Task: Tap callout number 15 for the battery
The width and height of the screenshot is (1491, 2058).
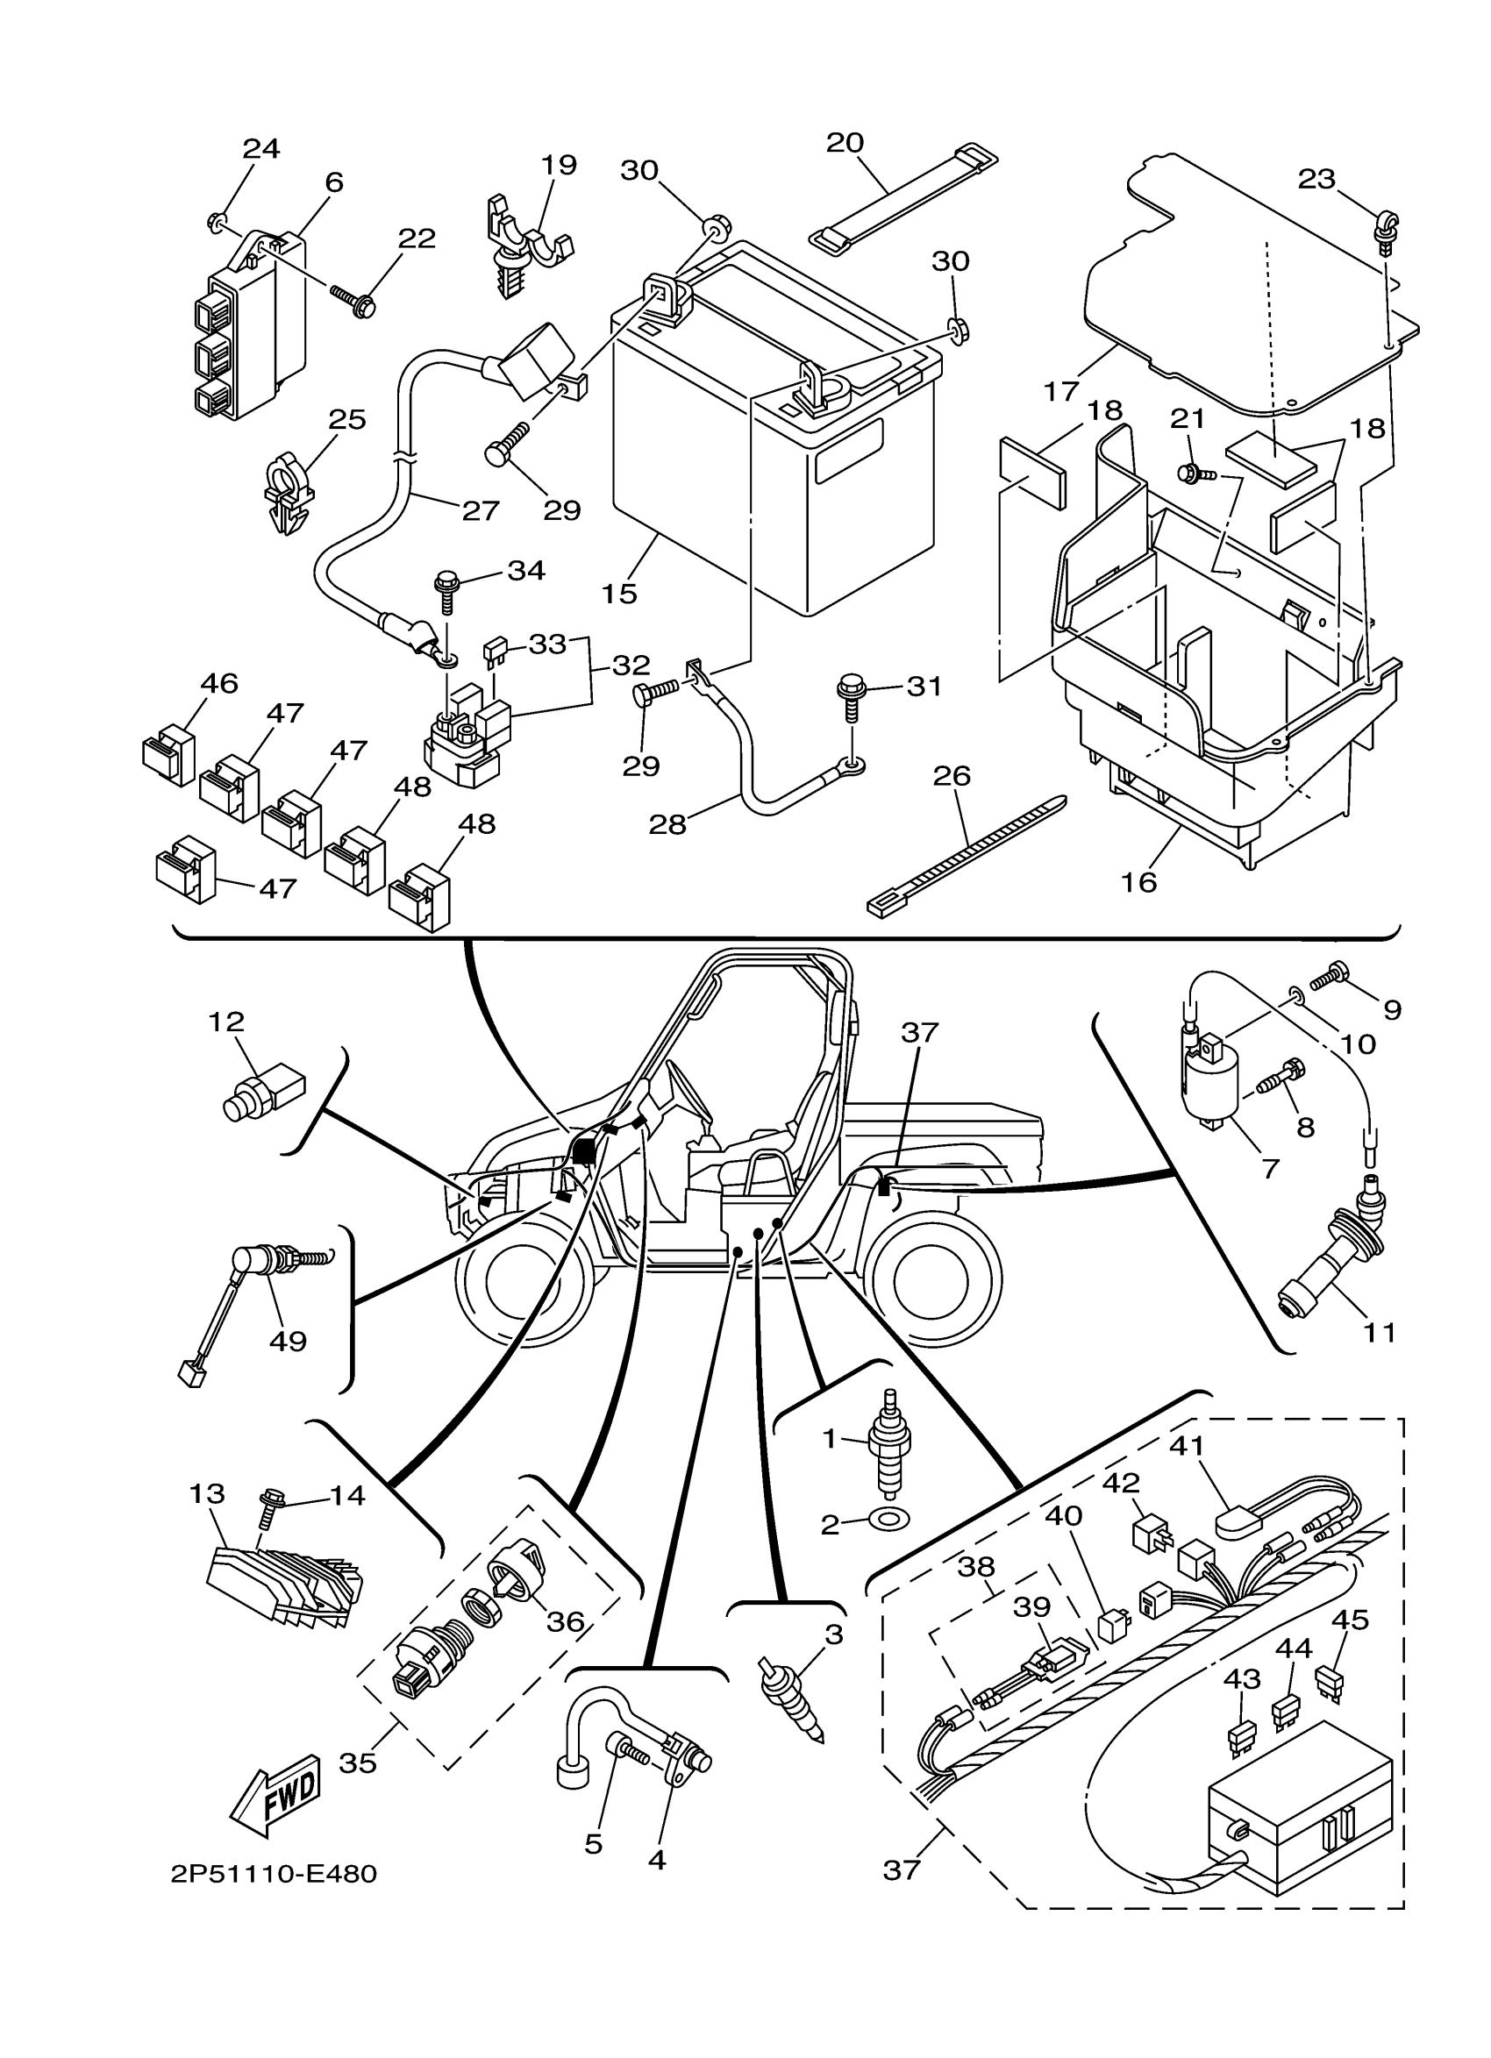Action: coord(619,594)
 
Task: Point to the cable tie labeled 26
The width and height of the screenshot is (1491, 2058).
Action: coord(967,853)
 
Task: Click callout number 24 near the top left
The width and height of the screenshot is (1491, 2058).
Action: coord(260,148)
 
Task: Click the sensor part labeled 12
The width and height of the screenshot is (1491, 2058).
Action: coord(263,1090)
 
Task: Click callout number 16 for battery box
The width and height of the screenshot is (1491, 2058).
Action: coord(1139,881)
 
